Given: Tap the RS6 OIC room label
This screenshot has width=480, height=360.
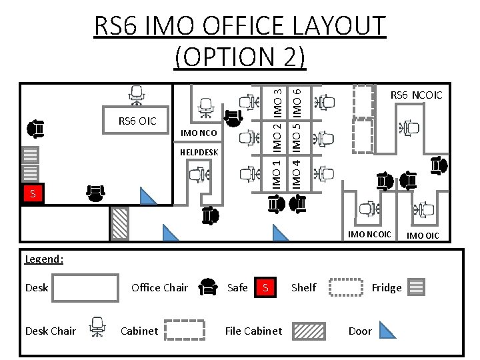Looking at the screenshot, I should pos(137,121).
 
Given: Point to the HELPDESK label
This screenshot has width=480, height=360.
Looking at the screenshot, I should pos(199,153).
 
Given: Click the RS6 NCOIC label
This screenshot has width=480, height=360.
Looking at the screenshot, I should pos(416,95).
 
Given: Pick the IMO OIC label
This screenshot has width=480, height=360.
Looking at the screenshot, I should pos(423,235).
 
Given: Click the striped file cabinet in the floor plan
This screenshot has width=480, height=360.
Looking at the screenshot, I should pos(120,223).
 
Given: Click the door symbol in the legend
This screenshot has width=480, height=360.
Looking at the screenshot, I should pos(387,330).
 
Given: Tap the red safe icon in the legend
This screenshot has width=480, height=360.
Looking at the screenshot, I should pos(265,287).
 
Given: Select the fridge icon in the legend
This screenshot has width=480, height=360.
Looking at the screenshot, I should pos(417,287).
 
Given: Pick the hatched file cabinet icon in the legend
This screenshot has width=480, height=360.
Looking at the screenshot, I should pos(309,331).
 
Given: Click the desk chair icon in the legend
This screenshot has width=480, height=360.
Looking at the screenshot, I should pos(97,327).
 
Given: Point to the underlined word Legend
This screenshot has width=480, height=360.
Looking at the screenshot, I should pos(43,259).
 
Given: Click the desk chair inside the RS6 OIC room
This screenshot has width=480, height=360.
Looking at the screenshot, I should pos(137,95).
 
